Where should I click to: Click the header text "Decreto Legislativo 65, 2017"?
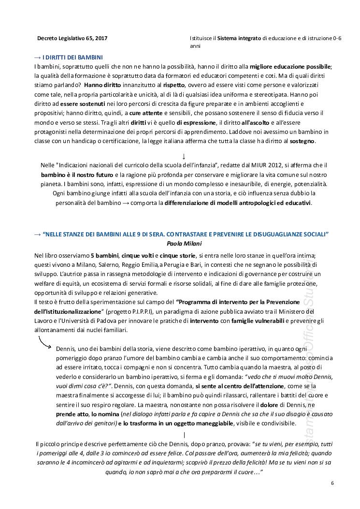pyautogui.click(x=72, y=37)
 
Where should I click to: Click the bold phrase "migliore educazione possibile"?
pyautogui.click(x=290, y=66)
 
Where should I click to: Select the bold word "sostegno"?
pyautogui.click(x=302, y=141)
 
